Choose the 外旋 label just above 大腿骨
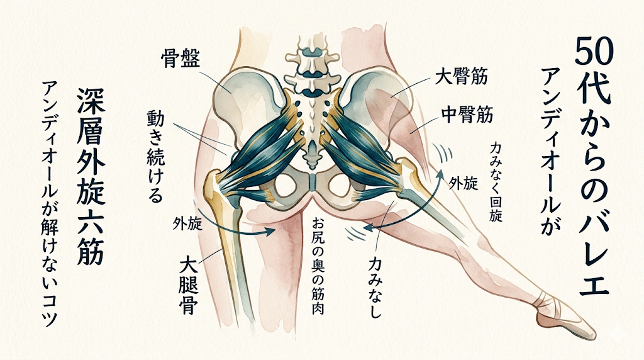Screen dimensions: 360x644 click(x=186, y=224)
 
